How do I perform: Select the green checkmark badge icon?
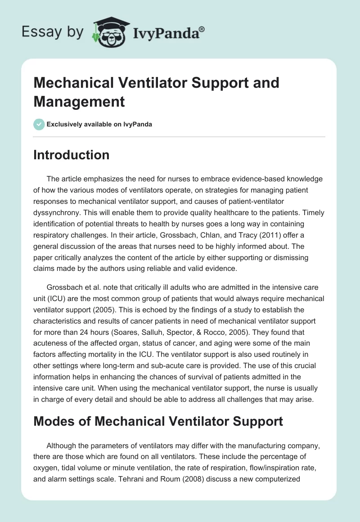[x=39, y=124]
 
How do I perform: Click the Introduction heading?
[x=72, y=155]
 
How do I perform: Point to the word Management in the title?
[x=79, y=102]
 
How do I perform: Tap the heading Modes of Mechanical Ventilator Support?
[x=158, y=421]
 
